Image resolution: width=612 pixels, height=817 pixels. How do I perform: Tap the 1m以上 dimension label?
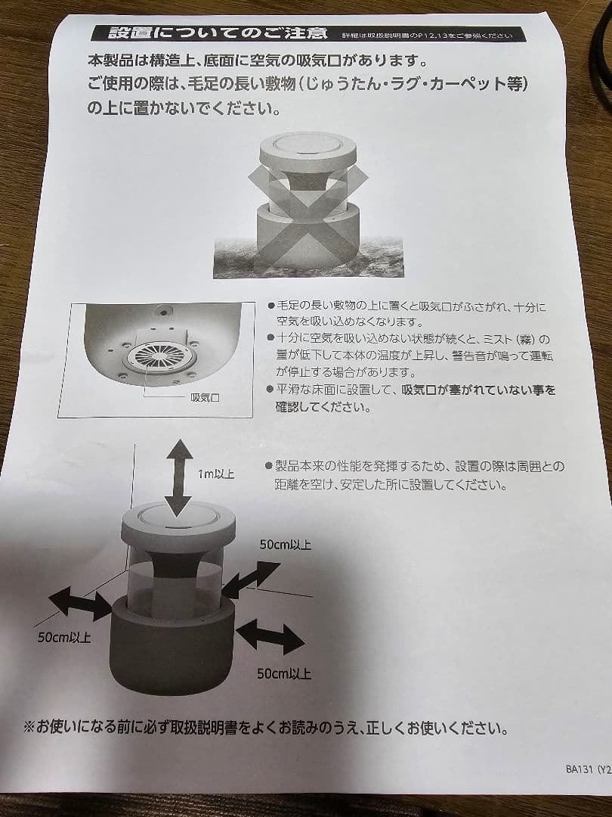tap(216, 474)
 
